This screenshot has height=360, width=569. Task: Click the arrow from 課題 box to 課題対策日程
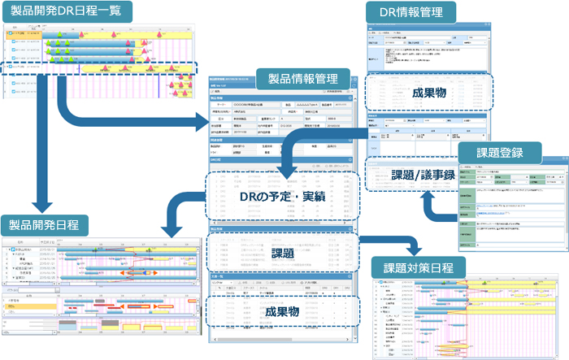(x=390, y=241)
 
